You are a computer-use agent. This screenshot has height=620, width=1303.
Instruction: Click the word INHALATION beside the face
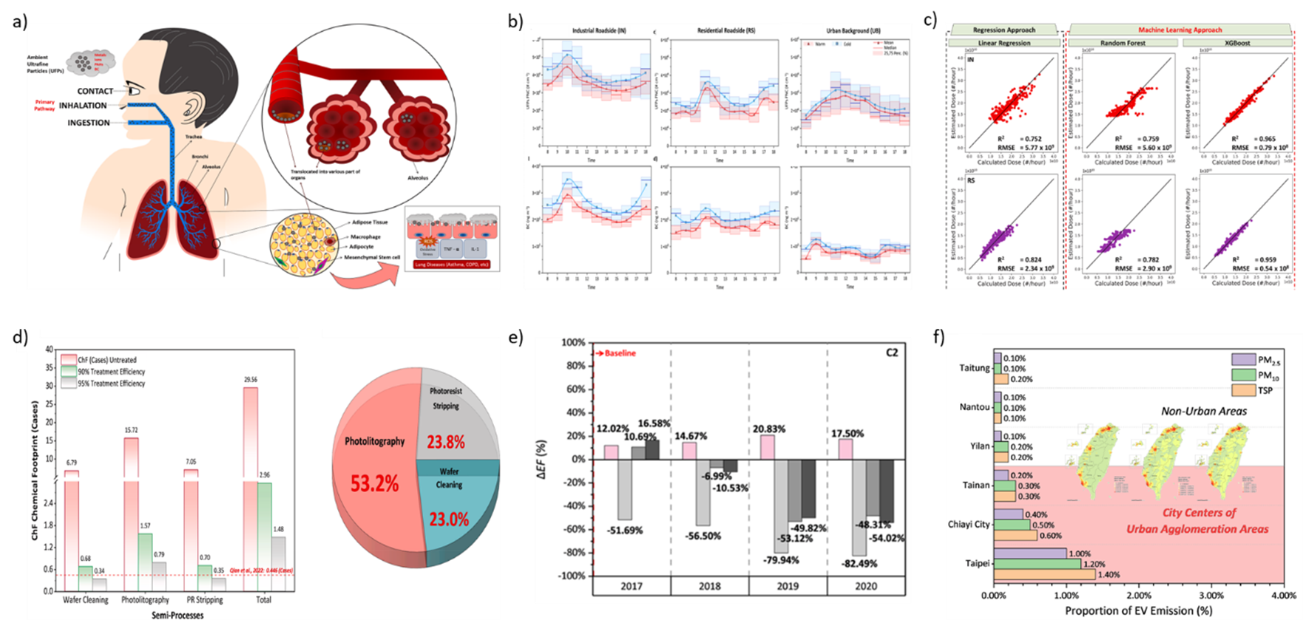pyautogui.click(x=83, y=106)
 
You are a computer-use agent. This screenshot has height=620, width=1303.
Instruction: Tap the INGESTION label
pyautogui.click(x=89, y=123)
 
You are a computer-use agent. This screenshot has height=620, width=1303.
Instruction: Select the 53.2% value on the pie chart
pyautogui.click(x=374, y=484)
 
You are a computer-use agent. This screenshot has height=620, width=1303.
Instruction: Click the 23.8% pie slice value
pyautogui.click(x=446, y=442)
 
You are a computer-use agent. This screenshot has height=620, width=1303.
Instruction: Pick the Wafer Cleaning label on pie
pyautogui.click(x=449, y=477)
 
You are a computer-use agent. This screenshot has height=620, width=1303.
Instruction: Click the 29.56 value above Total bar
pyautogui.click(x=250, y=379)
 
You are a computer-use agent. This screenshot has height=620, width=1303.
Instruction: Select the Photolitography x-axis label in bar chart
pyautogui.click(x=145, y=599)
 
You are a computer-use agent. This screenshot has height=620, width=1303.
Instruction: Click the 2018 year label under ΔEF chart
pyautogui.click(x=709, y=586)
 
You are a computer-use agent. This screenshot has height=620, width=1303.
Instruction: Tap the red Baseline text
pyautogui.click(x=620, y=353)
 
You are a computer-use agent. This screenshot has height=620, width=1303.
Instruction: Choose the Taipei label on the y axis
pyautogui.click(x=977, y=563)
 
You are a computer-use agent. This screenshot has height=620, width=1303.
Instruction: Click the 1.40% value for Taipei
pyautogui.click(x=1109, y=574)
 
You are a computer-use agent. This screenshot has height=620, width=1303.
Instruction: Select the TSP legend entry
pyautogui.click(x=1265, y=390)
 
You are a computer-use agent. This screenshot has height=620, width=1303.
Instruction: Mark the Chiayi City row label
pyautogui.click(x=969, y=524)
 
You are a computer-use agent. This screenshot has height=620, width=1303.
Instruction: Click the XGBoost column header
pyautogui.click(x=1237, y=43)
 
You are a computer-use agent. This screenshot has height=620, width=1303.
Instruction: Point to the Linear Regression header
pyautogui.click(x=1004, y=43)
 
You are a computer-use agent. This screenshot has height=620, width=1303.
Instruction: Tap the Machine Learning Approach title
pyautogui.click(x=1180, y=30)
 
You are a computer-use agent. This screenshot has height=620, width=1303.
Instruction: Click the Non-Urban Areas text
pyautogui.click(x=1204, y=411)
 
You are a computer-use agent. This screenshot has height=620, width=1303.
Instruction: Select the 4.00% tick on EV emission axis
pyautogui.click(x=1284, y=595)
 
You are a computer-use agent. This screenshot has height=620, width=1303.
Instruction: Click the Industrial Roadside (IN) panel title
pyautogui.click(x=599, y=31)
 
